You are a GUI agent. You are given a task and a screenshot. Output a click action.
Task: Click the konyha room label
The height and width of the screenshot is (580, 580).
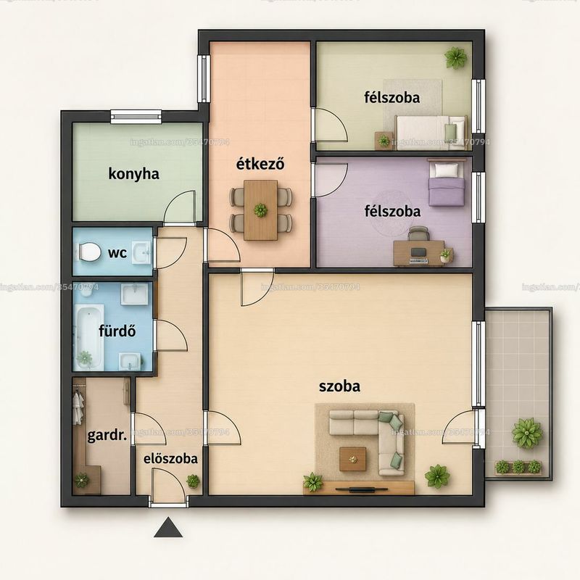click(x=134, y=174)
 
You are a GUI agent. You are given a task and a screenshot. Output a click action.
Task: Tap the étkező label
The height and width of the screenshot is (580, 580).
click(x=260, y=164)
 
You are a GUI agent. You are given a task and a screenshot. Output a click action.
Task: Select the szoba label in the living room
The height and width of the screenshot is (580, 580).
click(x=339, y=386)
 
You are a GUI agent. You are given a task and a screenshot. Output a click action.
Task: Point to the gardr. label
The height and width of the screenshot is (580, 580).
click(x=107, y=436)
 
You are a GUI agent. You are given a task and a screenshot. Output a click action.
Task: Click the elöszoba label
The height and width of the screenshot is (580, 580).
click(x=170, y=459)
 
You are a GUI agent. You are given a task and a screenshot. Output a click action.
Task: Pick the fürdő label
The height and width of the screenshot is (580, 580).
click(x=117, y=331)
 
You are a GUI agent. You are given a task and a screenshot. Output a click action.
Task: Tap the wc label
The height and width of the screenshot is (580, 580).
click(x=117, y=253)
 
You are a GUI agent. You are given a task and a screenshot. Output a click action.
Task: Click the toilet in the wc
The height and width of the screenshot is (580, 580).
click(x=88, y=252)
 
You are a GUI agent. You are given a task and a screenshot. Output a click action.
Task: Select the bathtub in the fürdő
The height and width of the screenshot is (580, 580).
click(x=89, y=336)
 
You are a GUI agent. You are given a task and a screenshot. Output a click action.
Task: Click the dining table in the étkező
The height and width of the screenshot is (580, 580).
click(x=261, y=210)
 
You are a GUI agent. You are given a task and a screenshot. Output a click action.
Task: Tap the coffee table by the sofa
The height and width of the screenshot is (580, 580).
click(x=353, y=459)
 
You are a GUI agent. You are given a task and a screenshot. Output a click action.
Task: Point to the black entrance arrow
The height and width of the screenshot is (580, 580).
click(x=168, y=528)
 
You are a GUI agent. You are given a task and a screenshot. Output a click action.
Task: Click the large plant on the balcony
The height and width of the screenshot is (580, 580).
click(x=527, y=433)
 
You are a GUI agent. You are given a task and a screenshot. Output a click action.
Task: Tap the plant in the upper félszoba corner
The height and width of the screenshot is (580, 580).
click(x=455, y=57)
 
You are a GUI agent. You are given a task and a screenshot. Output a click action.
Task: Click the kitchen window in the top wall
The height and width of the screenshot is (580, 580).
click(x=136, y=116)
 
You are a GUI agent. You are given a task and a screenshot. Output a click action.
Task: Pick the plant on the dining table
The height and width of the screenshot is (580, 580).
click(x=261, y=210)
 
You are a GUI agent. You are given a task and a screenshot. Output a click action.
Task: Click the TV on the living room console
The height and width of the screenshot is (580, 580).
click(x=362, y=490)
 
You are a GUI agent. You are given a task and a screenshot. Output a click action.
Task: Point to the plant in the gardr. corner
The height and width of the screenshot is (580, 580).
click(x=81, y=480)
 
